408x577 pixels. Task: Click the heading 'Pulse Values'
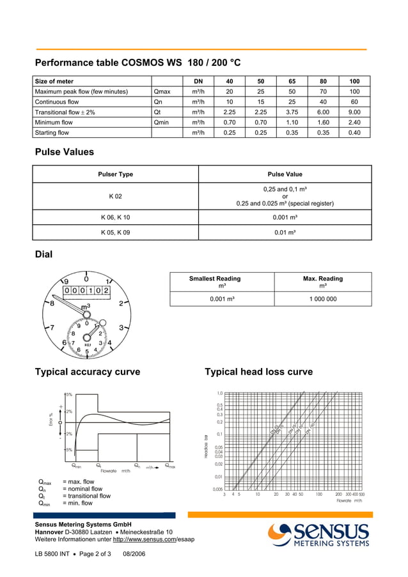(x=64, y=152)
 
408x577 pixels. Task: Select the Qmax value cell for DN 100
(x=354, y=91)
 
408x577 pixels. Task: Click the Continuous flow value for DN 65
(x=292, y=102)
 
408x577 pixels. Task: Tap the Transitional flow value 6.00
(x=323, y=112)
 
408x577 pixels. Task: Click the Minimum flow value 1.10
(x=292, y=122)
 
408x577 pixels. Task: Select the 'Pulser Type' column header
(x=115, y=174)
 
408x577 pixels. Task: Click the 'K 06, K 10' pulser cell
(x=115, y=217)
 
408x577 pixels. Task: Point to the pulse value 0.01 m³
(x=285, y=233)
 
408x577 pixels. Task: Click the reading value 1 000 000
(x=322, y=298)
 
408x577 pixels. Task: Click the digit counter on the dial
(x=86, y=290)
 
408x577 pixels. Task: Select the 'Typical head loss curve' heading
(x=258, y=372)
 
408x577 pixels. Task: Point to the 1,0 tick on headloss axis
(x=219, y=394)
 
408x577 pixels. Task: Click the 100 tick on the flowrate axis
(x=318, y=495)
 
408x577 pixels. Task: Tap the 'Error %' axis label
(x=51, y=419)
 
